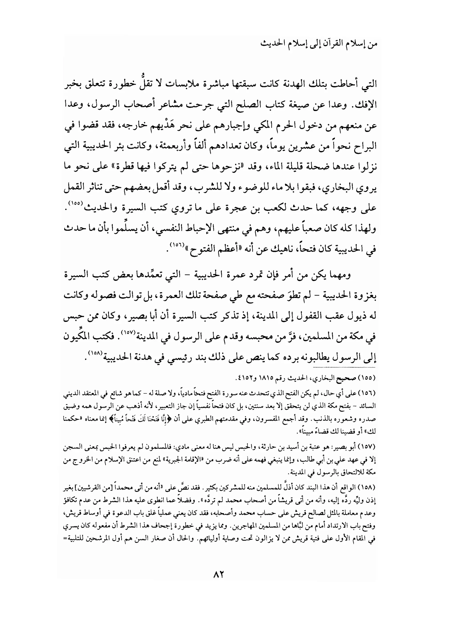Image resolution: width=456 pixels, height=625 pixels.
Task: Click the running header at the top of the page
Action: [x=319, y=44]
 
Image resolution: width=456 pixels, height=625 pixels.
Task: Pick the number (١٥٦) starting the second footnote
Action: [x=369, y=394]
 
